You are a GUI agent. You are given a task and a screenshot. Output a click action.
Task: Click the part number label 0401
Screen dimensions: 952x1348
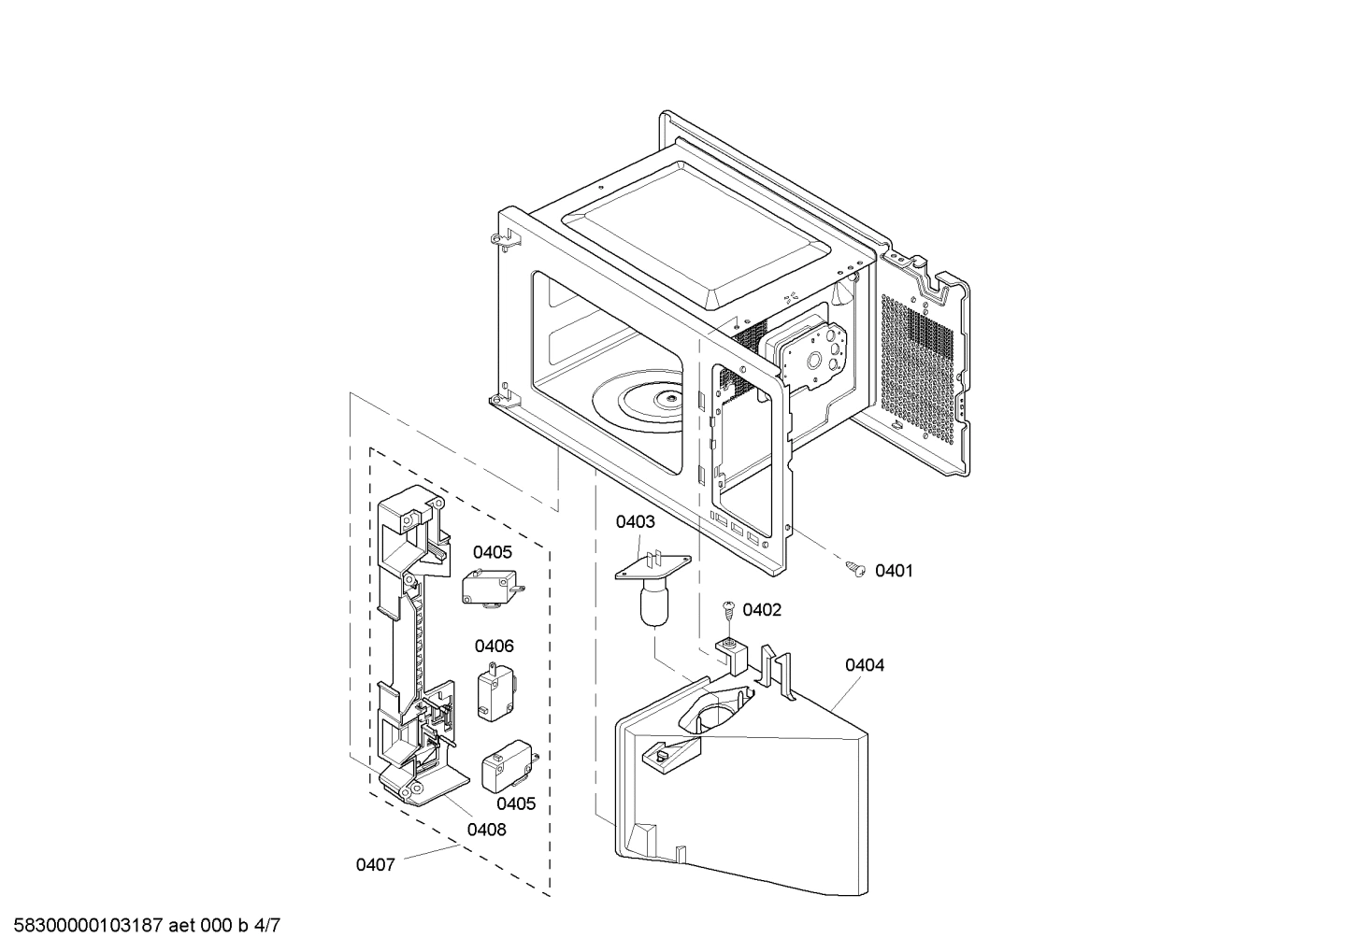(x=894, y=571)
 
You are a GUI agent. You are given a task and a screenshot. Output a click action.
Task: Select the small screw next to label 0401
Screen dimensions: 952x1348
(x=855, y=567)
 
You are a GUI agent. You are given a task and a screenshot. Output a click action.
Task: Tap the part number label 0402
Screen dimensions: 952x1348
(x=762, y=610)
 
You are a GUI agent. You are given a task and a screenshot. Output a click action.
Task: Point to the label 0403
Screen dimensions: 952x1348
(x=635, y=522)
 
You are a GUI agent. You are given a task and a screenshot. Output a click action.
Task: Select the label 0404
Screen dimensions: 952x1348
(x=864, y=665)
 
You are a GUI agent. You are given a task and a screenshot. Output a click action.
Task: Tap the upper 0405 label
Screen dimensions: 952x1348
(x=492, y=552)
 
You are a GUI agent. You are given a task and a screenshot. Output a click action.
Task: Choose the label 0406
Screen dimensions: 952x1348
(x=494, y=646)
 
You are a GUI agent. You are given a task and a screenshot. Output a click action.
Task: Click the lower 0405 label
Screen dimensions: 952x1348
(x=515, y=803)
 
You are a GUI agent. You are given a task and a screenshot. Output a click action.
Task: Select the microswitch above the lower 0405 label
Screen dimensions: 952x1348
(x=505, y=768)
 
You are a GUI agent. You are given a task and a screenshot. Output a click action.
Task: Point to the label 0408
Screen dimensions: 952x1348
(x=486, y=829)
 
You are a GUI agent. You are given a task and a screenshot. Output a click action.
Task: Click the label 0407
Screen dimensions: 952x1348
(x=375, y=865)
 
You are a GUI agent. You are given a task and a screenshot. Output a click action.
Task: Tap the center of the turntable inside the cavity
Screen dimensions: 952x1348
(x=668, y=400)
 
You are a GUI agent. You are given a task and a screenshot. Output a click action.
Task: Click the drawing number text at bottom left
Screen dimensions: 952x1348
(x=141, y=926)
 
